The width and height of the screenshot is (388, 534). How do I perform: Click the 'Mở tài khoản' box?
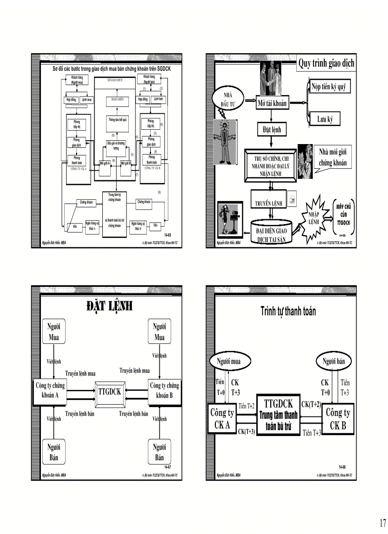272,103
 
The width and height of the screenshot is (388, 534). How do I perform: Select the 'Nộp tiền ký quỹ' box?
328,88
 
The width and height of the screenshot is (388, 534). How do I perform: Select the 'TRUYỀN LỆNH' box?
269,203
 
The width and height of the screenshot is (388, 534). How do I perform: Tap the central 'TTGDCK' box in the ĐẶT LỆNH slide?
110,392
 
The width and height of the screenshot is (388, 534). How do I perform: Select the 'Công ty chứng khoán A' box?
50,390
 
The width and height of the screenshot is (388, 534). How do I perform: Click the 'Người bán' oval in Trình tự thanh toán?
336,361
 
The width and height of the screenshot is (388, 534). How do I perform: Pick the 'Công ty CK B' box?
338,419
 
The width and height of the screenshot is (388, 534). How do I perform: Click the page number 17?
382,523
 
